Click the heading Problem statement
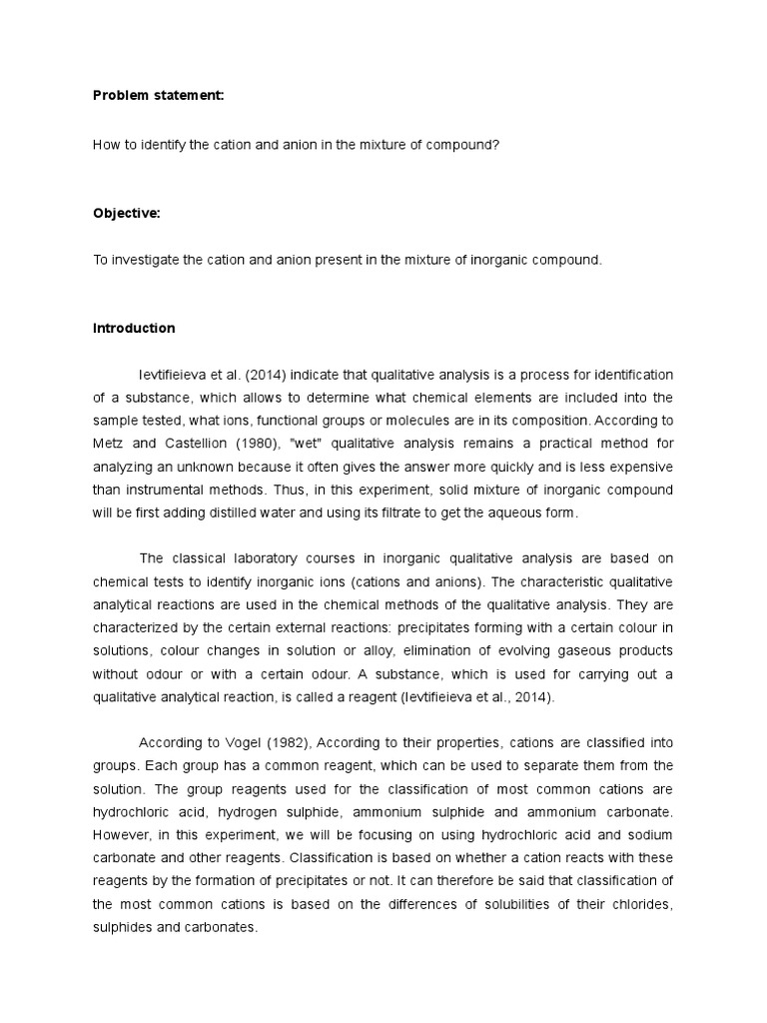158,96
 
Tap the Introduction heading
134,328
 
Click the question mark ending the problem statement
496,144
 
